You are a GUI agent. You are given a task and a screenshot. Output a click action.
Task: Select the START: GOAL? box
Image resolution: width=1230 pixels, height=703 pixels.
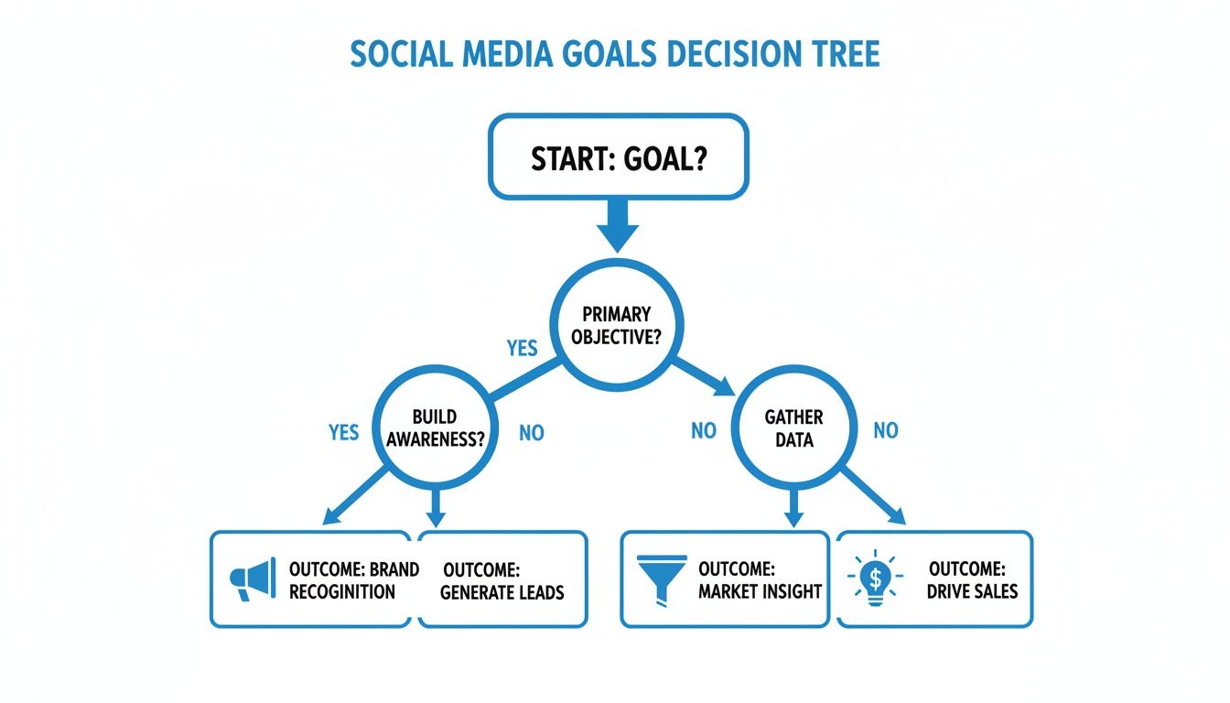coord(618,157)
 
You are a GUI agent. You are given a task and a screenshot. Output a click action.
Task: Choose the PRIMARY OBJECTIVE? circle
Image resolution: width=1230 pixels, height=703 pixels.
coord(616,325)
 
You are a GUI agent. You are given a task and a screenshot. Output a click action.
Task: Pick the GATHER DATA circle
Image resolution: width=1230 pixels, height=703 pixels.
coord(793,427)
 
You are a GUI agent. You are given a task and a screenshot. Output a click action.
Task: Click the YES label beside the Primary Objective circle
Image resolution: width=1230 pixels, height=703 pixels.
coord(522,349)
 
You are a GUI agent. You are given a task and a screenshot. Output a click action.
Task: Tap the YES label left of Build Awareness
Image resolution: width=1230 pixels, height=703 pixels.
coord(343,431)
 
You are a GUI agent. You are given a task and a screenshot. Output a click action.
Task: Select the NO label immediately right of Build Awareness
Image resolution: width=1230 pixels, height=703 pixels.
coord(531,432)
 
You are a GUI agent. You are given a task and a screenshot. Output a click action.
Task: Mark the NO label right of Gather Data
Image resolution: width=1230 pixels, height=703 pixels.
coord(885,430)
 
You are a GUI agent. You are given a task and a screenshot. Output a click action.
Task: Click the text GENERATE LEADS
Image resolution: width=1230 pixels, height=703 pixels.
coord(502,591)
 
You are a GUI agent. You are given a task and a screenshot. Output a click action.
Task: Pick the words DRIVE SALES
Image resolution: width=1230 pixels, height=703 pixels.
coord(971,591)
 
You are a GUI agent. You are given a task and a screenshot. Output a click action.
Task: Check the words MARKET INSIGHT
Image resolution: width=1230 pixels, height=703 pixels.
coord(760,591)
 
